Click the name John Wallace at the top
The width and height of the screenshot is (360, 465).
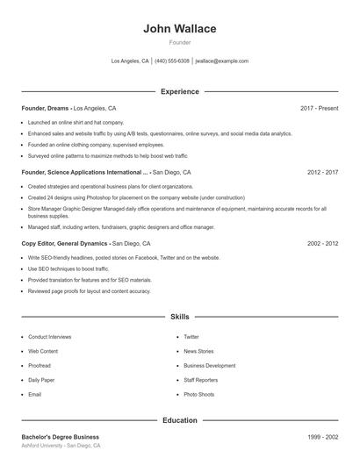pos(179,29)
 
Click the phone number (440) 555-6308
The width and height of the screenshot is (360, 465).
pos(172,61)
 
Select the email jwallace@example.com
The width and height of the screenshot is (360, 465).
pos(221,61)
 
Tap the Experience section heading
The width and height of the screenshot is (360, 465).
pos(179,91)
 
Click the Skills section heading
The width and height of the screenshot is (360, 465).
pos(179,316)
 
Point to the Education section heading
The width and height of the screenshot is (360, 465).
pos(179,420)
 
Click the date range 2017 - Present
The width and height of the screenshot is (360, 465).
pos(319,108)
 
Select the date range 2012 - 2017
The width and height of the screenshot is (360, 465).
pos(322,173)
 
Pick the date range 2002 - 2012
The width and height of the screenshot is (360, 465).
pos(322,243)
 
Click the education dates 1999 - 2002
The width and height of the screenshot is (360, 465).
pos(322,437)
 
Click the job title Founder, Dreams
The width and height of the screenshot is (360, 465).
pos(46,108)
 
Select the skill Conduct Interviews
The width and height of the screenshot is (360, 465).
pos(49,337)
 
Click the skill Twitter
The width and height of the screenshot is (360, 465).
pos(191,337)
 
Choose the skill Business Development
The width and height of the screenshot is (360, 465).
pos(209,366)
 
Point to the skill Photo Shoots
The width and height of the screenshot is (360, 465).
pos(198,395)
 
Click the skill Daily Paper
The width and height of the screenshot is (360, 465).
pos(40,380)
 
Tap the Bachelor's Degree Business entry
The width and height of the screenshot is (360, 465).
pos(60,437)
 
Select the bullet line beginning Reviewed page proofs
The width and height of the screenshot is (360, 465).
pos(76,290)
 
